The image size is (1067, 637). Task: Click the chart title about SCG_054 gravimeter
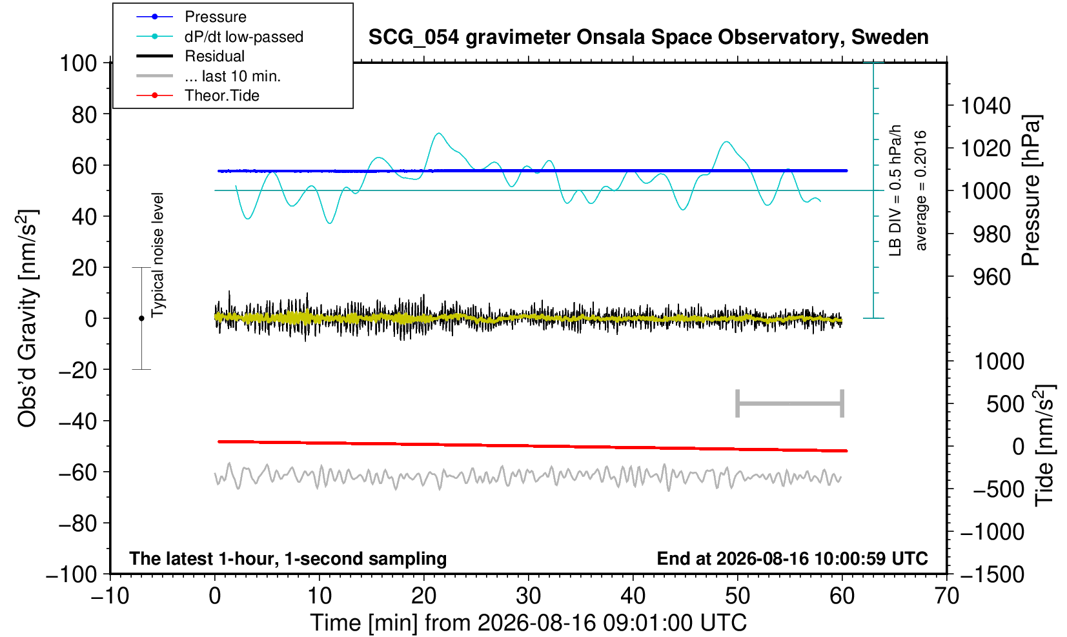[648, 37]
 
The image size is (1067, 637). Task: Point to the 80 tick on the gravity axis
[85, 115]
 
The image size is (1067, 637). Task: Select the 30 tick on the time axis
[528, 596]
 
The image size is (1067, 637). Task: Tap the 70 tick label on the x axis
[946, 596]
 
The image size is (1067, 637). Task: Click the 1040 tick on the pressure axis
[986, 106]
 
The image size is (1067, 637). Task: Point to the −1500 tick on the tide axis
[992, 574]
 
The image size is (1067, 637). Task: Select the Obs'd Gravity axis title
[27, 318]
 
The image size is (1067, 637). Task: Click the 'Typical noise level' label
[158, 256]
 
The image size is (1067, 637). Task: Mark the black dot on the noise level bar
[141, 318]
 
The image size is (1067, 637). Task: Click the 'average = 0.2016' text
[920, 190]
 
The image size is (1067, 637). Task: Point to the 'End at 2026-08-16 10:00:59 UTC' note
[792, 558]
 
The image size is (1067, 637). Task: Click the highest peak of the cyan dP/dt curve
[438, 134]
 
